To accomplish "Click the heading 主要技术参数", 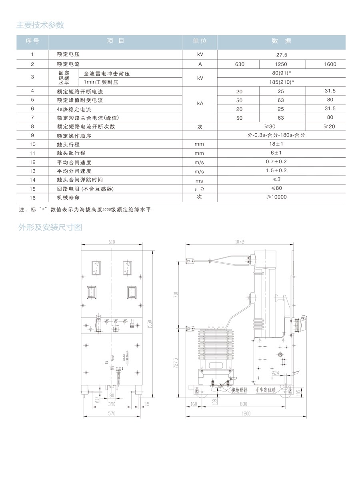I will [x=40, y=25].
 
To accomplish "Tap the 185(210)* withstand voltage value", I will [x=281, y=82].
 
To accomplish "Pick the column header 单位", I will [x=200, y=41].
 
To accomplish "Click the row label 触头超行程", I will [x=71, y=153].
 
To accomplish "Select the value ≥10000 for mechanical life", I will [x=281, y=197].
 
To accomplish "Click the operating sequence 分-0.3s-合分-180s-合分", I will [x=281, y=136].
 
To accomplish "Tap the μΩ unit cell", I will [x=199, y=189].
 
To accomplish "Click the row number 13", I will [x=32, y=171].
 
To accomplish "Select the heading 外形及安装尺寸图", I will [x=50, y=227].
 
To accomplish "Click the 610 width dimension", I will [x=112, y=242].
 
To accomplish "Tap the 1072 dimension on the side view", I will [x=240, y=242].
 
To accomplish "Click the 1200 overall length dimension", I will [x=246, y=414].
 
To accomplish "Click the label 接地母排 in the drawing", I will [x=239, y=390].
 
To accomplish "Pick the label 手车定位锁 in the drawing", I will [x=266, y=390].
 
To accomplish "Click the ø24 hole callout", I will [x=275, y=373].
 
